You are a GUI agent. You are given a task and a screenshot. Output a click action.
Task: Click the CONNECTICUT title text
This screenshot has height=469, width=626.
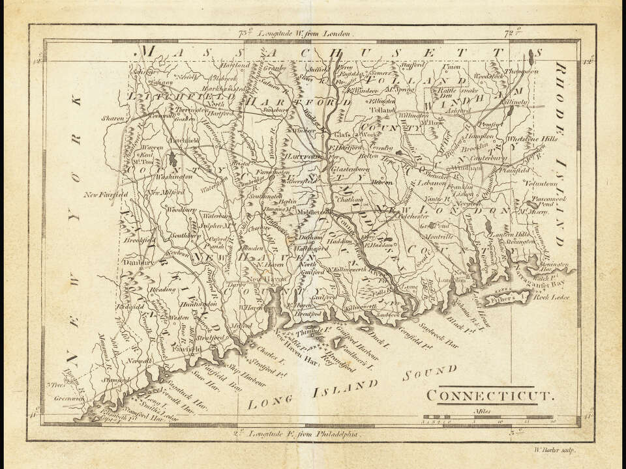click(490, 395)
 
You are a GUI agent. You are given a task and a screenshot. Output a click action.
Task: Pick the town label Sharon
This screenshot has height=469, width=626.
click(112, 119)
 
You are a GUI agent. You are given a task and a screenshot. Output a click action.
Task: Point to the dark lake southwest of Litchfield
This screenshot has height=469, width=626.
click(171, 158)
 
